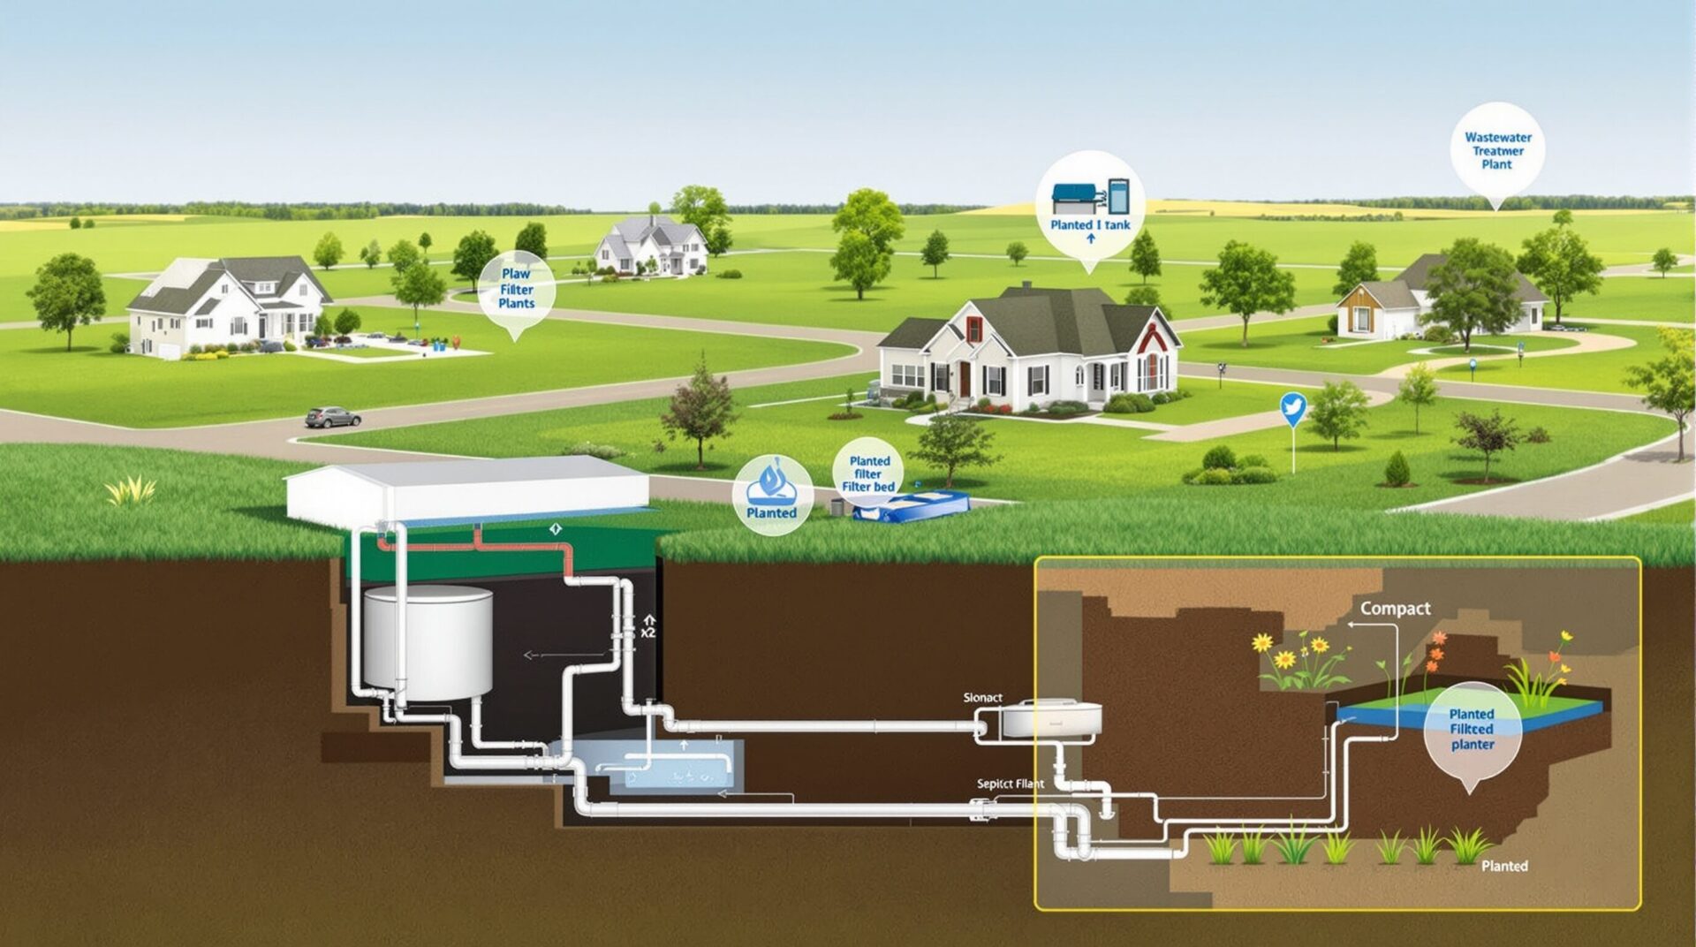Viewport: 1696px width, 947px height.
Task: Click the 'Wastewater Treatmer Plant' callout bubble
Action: [1497, 151]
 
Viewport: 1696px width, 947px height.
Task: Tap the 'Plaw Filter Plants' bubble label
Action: [516, 289]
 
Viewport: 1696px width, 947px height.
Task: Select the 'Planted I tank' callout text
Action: [1090, 224]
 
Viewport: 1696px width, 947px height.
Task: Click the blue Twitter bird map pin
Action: [1293, 409]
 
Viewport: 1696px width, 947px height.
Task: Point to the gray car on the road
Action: [332, 417]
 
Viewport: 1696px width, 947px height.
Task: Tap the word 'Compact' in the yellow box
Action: [1395, 608]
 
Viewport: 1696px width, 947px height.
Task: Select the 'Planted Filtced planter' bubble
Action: [1472, 730]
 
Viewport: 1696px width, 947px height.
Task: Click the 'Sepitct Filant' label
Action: [1010, 784]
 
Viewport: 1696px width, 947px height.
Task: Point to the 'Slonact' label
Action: [982, 698]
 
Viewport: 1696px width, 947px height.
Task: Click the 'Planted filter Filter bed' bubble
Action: [868, 473]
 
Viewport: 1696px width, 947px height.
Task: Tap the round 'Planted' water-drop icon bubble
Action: [772, 495]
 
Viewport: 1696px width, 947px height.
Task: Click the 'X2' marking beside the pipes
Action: [649, 633]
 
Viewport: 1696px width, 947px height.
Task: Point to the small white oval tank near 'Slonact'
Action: [1050, 718]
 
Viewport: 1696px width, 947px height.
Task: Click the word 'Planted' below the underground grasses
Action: [1504, 866]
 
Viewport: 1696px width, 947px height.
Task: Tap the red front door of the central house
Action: [965, 379]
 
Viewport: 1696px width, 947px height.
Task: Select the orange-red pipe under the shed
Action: [477, 544]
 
